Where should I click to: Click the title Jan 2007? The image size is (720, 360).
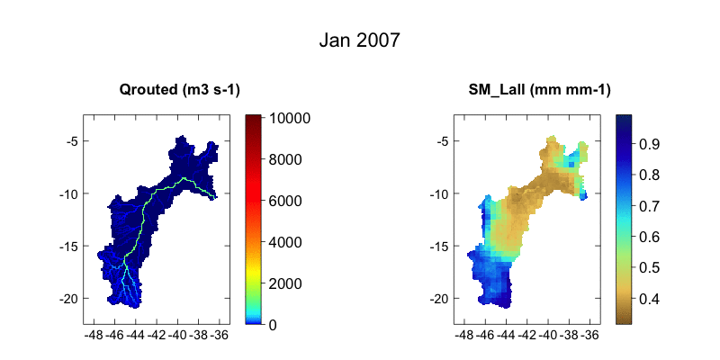click(x=360, y=40)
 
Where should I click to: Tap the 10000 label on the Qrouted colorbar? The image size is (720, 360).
click(x=288, y=118)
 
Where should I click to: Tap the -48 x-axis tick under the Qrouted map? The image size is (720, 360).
click(x=93, y=335)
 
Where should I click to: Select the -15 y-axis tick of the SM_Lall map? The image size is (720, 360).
click(x=438, y=246)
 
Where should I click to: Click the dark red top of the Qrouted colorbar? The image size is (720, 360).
click(x=254, y=120)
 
